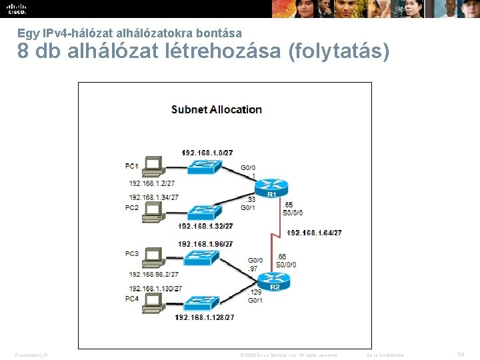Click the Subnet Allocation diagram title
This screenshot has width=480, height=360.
(217, 109)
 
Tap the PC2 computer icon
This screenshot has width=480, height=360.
(154, 210)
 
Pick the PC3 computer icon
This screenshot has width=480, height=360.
(154, 255)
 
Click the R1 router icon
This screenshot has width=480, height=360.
(272, 187)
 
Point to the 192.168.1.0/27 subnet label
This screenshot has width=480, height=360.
(208, 153)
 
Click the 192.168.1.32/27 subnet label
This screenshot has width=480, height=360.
(205, 226)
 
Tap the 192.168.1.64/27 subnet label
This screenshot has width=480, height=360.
(314, 233)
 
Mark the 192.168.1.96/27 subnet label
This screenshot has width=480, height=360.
(205, 244)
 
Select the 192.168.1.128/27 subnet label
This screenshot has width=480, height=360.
(205, 318)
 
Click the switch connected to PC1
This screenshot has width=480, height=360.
(204, 167)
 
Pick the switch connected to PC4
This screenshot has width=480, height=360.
(204, 303)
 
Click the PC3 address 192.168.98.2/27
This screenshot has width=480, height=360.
(153, 274)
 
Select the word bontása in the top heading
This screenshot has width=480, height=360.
(219, 32)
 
